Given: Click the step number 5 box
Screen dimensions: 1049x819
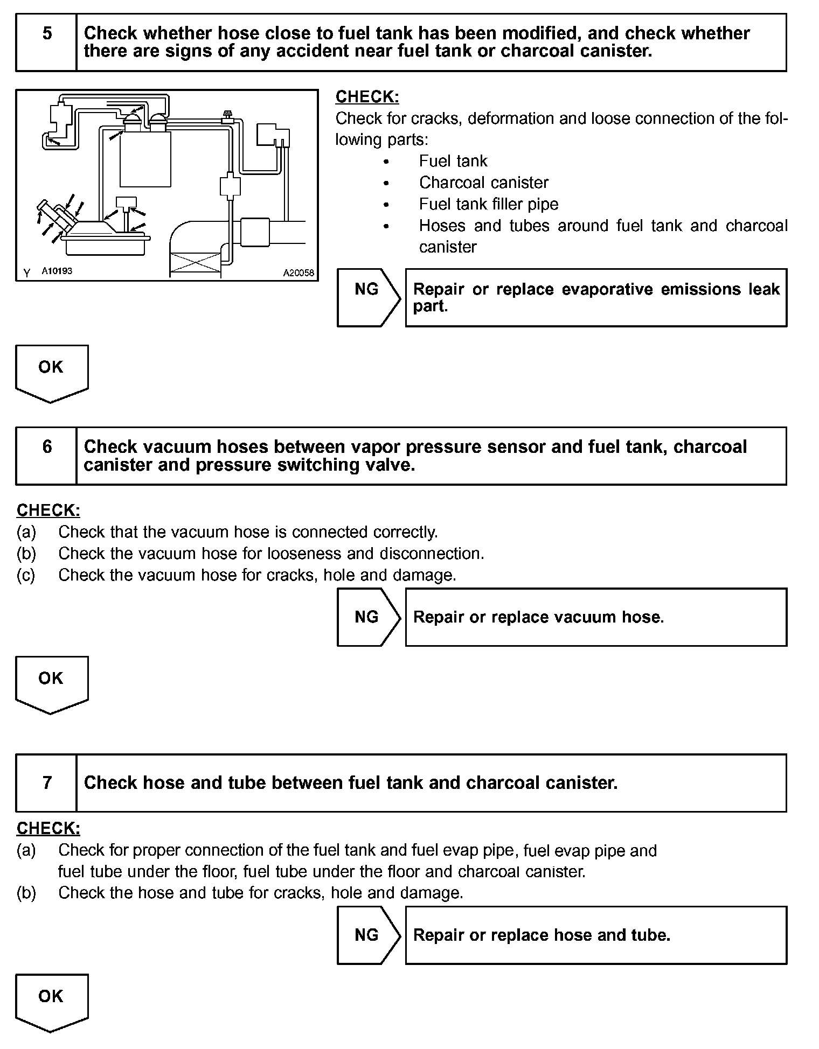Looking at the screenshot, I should (x=46, y=42).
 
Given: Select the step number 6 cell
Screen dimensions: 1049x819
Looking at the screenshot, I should (x=46, y=456).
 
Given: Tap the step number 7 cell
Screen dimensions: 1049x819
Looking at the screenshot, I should (x=46, y=782).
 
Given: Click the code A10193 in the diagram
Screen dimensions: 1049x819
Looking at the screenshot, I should (x=57, y=271).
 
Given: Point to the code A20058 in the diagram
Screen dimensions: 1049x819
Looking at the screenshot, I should (x=299, y=273).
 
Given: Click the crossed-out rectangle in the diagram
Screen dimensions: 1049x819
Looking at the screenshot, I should (x=195, y=264).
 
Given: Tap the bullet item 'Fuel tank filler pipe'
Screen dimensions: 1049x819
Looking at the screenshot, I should (x=488, y=204).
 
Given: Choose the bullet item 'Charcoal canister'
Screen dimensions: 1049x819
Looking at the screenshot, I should (x=483, y=183).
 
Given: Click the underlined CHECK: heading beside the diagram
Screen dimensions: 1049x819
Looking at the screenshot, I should (x=367, y=97).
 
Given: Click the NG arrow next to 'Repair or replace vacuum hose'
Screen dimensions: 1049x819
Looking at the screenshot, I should (x=368, y=617).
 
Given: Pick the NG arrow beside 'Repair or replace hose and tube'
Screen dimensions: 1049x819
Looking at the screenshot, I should (x=368, y=935).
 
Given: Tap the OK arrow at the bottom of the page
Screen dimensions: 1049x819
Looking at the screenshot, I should (x=51, y=1002).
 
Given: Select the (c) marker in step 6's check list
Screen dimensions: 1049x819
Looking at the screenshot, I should (x=26, y=575).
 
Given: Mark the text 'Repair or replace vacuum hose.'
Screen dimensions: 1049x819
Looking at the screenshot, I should (x=538, y=617).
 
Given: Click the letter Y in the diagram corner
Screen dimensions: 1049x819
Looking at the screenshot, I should (x=26, y=274).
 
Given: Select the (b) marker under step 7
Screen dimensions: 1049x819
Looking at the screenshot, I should (x=26, y=893).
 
